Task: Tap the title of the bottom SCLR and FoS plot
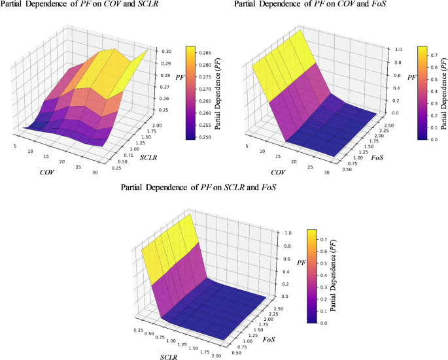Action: pos(199,188)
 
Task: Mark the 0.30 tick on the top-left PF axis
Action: pos(167,51)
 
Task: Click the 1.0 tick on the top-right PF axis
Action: pos(389,50)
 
